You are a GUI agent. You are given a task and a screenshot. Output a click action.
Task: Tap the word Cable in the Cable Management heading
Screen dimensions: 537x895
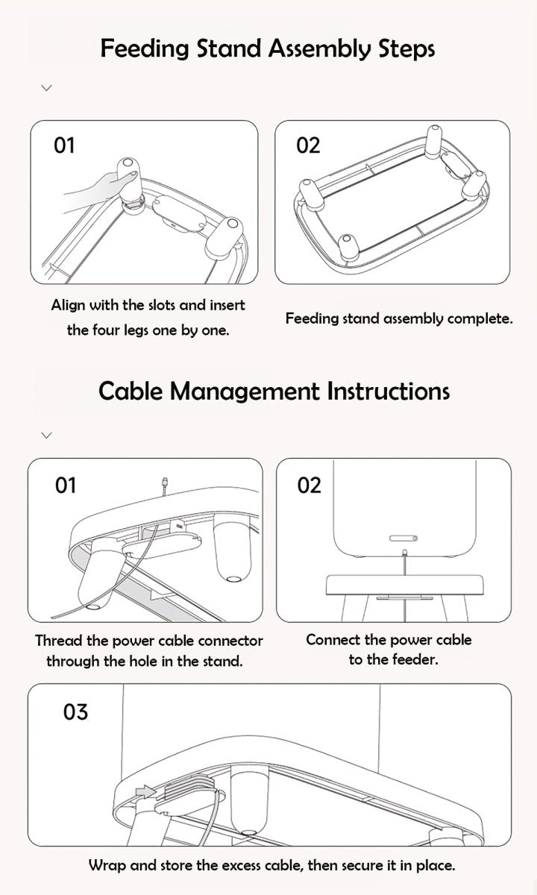(x=131, y=391)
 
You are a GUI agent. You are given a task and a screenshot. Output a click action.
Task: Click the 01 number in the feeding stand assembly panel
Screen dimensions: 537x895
(x=64, y=145)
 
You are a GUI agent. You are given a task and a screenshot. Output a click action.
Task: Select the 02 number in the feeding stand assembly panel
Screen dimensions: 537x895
(x=308, y=145)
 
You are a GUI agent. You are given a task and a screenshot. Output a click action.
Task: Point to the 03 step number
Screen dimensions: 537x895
(x=75, y=712)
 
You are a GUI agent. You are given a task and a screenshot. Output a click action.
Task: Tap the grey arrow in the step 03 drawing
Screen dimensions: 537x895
(x=145, y=791)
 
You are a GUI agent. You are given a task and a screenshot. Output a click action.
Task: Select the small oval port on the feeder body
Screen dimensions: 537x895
(x=403, y=538)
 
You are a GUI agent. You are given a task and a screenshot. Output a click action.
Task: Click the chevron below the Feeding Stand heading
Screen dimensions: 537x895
(x=47, y=88)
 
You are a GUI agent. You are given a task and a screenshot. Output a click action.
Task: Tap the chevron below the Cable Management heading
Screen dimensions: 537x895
(x=47, y=435)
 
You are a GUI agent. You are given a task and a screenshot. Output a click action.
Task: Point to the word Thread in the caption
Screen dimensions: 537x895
(x=59, y=641)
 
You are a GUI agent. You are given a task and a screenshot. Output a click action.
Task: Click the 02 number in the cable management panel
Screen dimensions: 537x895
(x=309, y=486)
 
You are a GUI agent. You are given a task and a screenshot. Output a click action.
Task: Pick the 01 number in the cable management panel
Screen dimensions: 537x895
(x=66, y=486)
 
